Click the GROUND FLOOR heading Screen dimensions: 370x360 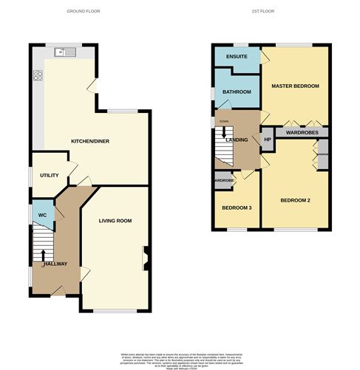(x=83, y=12)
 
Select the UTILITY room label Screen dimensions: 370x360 (x=50, y=175)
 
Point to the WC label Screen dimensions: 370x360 (x=43, y=216)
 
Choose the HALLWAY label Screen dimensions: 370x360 (x=55, y=264)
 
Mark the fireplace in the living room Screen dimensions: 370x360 (x=145, y=258)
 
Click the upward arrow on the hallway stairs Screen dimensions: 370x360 (x=43, y=255)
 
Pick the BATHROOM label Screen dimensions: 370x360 (x=237, y=92)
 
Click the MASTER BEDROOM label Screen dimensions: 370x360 (x=295, y=86)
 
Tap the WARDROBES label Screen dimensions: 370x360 (x=302, y=134)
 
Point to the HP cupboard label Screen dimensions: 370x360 (x=268, y=138)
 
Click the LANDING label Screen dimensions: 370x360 (x=237, y=140)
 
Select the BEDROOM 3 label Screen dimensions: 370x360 (x=237, y=208)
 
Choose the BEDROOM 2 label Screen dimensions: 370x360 (x=296, y=200)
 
